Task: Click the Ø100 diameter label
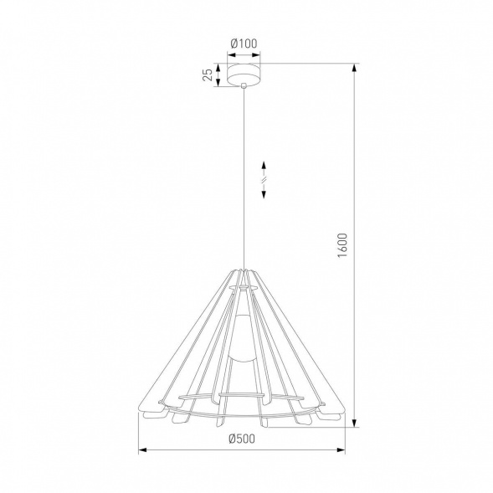pyautogui.click(x=243, y=45)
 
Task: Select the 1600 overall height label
pyautogui.click(x=342, y=245)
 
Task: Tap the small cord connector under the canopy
pyautogui.click(x=242, y=88)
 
